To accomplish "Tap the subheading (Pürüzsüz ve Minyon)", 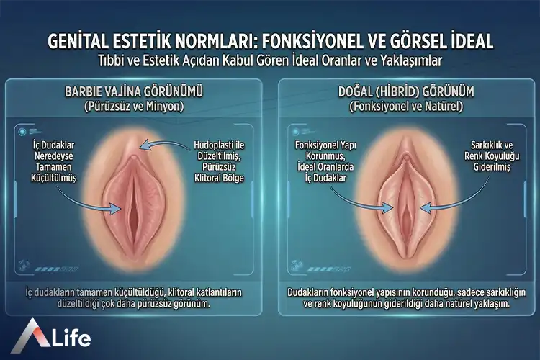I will tap(136, 107).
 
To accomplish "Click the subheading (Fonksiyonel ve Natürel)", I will tap(406, 107).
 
